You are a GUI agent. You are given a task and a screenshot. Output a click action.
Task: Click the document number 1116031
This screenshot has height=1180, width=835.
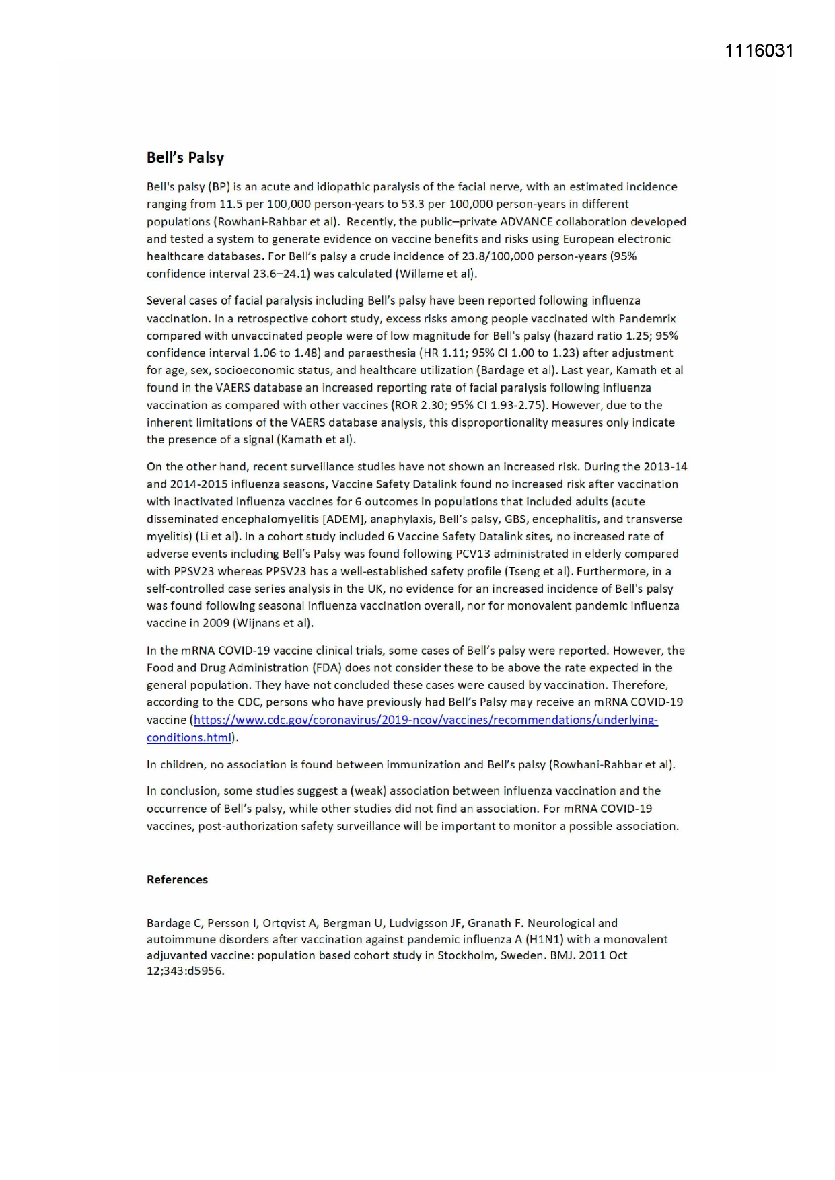pyautogui.click(x=759, y=51)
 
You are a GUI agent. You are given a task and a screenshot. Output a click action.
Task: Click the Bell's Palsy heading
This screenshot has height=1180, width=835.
pyautogui.click(x=185, y=158)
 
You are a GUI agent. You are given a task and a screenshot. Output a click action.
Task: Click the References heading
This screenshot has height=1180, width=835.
pyautogui.click(x=177, y=879)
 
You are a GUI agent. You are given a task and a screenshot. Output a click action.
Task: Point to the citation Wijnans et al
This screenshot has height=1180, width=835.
pyautogui.click(x=273, y=623)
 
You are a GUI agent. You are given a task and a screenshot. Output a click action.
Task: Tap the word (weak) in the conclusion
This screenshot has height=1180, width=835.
pyautogui.click(x=368, y=790)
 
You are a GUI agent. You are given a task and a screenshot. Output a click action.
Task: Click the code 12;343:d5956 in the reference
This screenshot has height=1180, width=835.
pyautogui.click(x=185, y=971)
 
